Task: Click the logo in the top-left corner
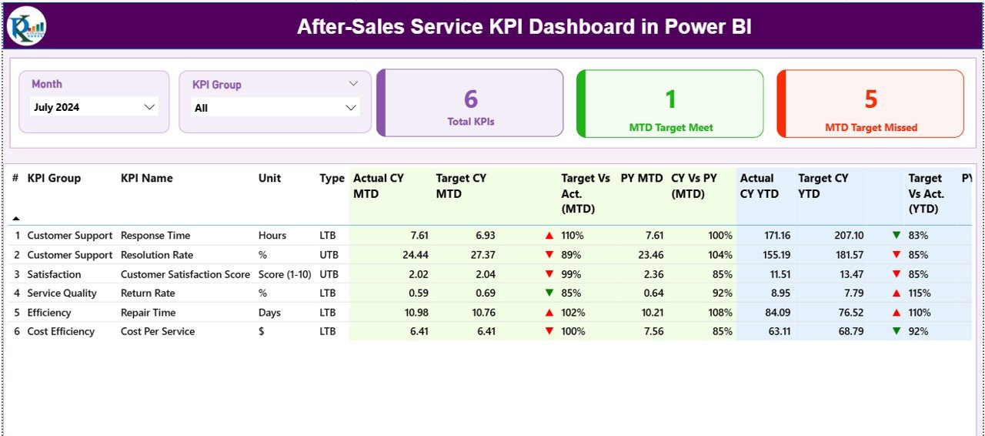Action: (x=27, y=26)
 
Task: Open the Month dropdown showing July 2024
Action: (x=94, y=107)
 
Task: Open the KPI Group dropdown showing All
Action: (x=275, y=108)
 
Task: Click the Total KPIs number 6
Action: (x=471, y=99)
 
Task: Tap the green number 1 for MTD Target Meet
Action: (x=670, y=99)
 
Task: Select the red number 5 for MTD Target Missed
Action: (x=870, y=99)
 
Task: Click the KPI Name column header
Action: (x=146, y=178)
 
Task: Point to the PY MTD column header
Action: (x=641, y=178)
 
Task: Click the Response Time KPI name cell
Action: (x=155, y=236)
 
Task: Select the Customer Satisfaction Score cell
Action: (x=185, y=274)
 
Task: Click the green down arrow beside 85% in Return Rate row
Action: (x=549, y=293)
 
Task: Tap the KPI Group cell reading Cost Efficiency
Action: (x=61, y=332)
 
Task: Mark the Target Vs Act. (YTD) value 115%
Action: (x=919, y=293)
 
